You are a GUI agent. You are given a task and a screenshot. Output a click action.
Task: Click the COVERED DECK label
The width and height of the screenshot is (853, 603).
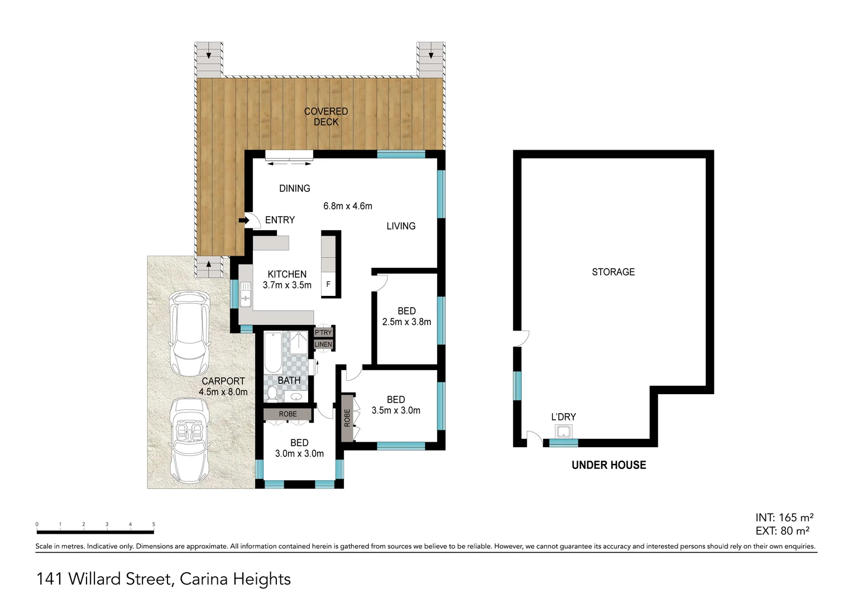(x=325, y=117)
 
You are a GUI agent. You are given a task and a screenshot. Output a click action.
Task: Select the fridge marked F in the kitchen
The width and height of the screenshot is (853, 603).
(x=328, y=284)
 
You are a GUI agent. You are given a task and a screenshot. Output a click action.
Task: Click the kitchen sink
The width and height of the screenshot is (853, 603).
(x=246, y=294)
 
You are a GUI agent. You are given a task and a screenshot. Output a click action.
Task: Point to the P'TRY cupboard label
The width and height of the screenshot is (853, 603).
(x=323, y=333)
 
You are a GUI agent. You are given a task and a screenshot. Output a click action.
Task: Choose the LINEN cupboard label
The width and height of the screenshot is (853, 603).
(x=323, y=344)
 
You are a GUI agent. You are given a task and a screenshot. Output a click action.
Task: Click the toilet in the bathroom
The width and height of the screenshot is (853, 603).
(x=272, y=394)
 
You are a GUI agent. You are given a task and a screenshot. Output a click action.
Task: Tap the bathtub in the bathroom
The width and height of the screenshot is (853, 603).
(x=273, y=352)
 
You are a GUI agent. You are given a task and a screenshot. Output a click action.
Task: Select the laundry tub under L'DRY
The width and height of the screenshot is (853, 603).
(x=563, y=432)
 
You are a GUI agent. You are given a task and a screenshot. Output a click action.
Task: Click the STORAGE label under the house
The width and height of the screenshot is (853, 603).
(x=613, y=272)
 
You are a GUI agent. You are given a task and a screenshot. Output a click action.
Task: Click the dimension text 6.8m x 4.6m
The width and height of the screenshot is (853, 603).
(x=347, y=206)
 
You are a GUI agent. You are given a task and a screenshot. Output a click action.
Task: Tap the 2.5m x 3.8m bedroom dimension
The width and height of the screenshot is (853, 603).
(x=406, y=322)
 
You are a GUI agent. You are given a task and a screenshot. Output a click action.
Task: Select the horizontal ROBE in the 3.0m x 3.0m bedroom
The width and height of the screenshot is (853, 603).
(x=288, y=414)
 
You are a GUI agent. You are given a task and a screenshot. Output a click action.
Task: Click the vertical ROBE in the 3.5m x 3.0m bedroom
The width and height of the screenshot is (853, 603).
(x=347, y=418)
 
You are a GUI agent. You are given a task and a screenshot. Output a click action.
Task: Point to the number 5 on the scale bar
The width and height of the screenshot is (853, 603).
(x=154, y=524)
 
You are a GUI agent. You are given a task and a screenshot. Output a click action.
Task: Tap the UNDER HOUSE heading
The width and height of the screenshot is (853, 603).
(x=608, y=465)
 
